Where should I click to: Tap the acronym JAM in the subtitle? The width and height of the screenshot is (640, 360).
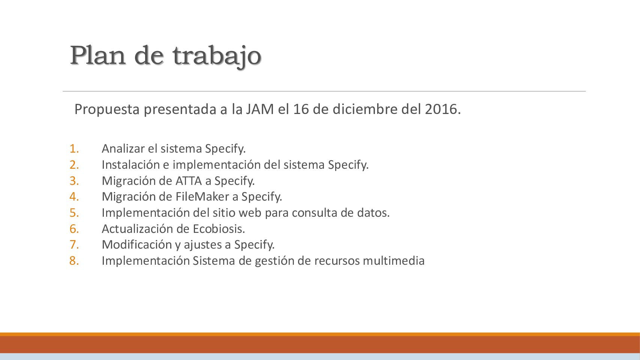click(260, 109)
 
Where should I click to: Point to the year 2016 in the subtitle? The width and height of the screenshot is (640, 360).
click(442, 109)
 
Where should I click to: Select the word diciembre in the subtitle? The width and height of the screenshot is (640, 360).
click(365, 109)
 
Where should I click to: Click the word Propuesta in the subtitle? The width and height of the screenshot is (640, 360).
click(107, 110)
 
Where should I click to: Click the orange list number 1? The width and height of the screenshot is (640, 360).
click(74, 148)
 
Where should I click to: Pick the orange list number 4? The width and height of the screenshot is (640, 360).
click(74, 196)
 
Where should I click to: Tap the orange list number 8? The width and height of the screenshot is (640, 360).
click(74, 261)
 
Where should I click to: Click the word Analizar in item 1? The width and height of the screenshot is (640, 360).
click(123, 148)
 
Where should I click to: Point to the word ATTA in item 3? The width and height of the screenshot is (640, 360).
click(189, 181)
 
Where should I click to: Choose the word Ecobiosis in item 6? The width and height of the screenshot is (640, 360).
click(219, 229)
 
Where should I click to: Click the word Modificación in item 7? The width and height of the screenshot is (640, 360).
click(137, 244)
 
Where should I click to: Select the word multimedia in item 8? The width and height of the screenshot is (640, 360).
click(394, 261)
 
